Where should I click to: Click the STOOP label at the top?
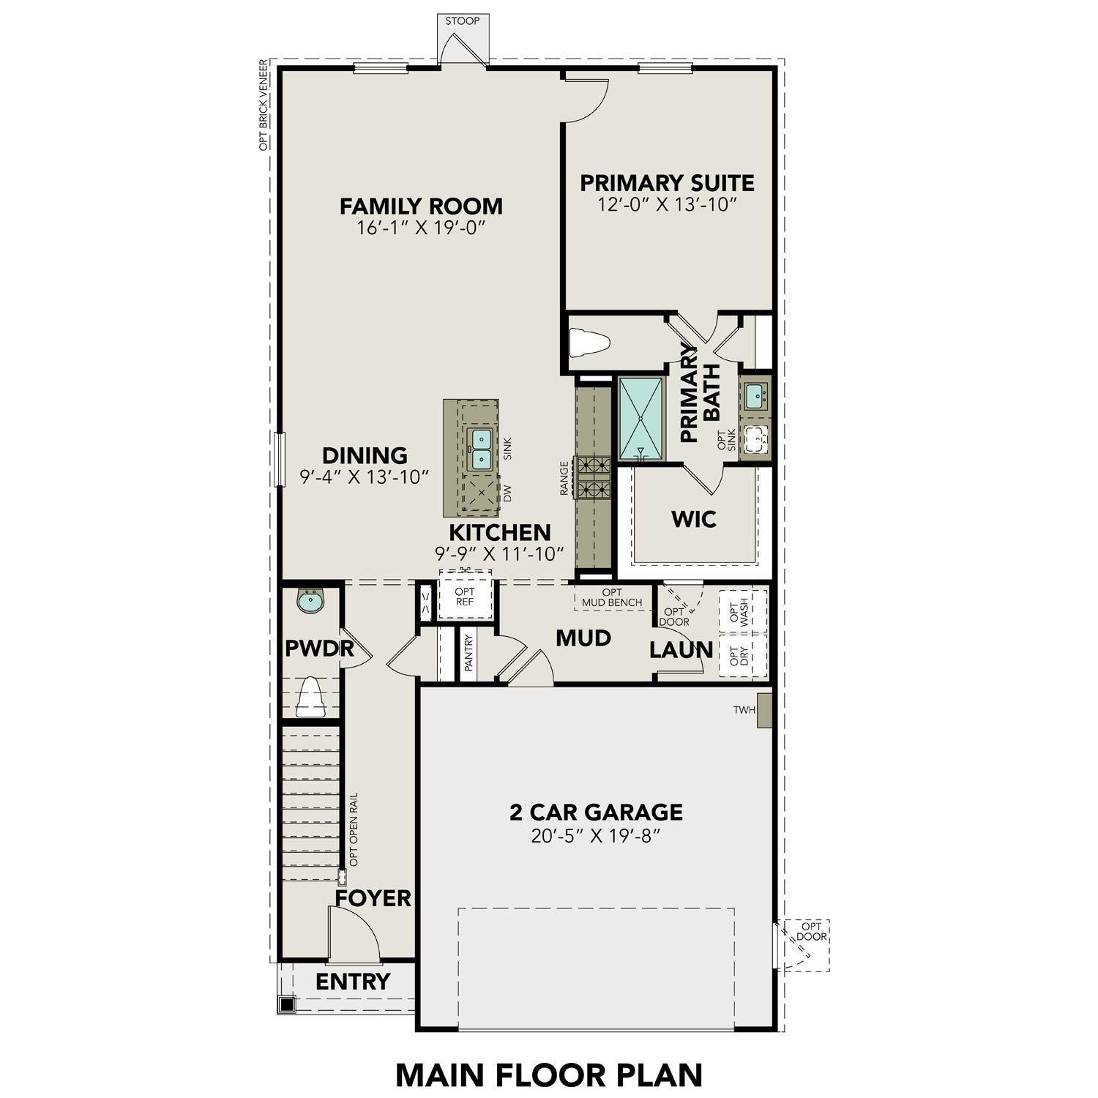pos(463,20)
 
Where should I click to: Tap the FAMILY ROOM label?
pos(421,206)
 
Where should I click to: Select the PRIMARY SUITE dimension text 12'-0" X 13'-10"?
pos(666,204)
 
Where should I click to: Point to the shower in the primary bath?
pos(641,419)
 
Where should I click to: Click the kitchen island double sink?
pos(479,448)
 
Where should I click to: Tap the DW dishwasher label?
pos(508,493)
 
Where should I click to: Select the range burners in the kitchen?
pos(594,477)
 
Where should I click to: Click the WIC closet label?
pos(694,520)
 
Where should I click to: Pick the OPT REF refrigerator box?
pos(465,597)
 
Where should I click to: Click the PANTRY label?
pos(469,654)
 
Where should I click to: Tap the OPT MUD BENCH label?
pos(612,597)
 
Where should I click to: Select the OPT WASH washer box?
pos(742,610)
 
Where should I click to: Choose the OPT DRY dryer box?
pos(742,656)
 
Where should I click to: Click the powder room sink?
pos(311,602)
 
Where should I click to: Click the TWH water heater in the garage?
pos(764,710)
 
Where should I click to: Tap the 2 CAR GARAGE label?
pos(596,812)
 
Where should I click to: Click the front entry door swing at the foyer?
pos(353,934)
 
